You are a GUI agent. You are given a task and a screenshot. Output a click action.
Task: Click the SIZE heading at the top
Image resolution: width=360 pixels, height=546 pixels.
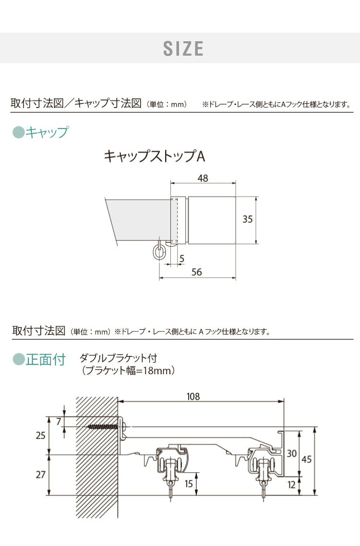(x=183, y=48)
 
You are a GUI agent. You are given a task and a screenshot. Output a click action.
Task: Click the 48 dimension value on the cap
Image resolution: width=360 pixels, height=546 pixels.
(x=203, y=178)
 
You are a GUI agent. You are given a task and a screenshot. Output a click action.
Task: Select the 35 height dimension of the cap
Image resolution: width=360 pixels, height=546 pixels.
(x=247, y=219)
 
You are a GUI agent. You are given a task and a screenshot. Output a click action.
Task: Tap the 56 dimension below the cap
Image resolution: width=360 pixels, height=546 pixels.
(x=196, y=272)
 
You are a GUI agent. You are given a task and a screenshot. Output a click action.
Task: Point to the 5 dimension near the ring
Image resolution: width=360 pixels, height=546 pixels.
(x=181, y=259)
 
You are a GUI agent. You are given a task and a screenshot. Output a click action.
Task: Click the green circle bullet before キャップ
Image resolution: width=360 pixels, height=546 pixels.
(x=18, y=132)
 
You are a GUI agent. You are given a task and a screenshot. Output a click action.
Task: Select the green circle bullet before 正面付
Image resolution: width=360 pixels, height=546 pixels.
(x=18, y=359)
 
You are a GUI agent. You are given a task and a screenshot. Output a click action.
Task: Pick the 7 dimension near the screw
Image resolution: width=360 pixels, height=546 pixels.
(x=59, y=421)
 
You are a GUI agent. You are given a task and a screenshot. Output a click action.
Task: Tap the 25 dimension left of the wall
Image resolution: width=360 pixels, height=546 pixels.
(x=41, y=436)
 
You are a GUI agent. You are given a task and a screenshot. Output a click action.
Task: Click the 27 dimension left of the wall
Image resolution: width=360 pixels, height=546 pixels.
(x=41, y=475)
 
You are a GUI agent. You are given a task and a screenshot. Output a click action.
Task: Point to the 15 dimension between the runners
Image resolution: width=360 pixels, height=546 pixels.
(x=190, y=484)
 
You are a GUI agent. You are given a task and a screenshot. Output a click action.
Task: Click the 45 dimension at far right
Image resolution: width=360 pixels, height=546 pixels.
(x=307, y=459)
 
